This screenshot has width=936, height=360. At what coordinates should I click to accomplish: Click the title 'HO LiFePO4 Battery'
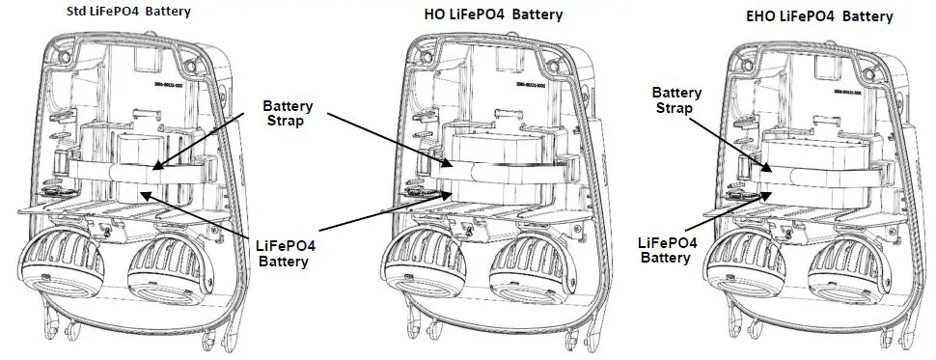pos(493,14)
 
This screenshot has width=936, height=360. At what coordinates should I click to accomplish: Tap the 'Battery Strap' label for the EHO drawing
pos(675,100)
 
